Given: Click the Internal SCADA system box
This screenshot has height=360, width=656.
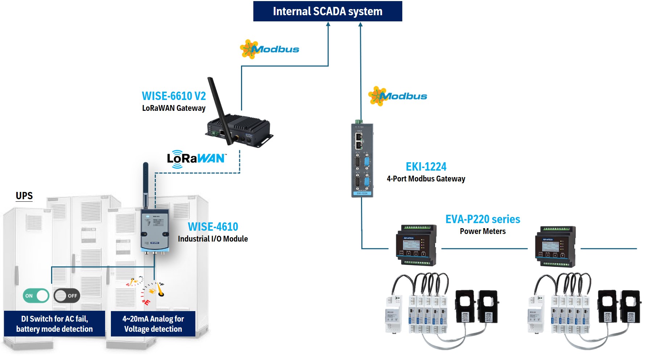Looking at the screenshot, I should tap(327, 11).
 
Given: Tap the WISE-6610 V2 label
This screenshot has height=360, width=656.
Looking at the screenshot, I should tap(174, 96).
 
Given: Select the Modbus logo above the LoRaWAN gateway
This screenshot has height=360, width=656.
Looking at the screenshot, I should tap(270, 49).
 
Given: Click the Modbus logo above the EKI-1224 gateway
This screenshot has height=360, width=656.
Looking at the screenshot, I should tap(398, 96).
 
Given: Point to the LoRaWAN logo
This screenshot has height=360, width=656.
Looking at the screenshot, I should tap(196, 159).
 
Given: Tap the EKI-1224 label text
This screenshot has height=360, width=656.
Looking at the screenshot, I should tap(426, 167).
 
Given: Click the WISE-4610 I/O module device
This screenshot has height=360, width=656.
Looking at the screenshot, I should tap(155, 230).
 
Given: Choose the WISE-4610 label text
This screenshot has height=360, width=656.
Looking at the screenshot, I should tap(213, 227).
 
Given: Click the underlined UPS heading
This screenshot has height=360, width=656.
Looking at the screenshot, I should tap(24, 196).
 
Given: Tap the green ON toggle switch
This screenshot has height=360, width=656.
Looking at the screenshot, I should tap(36, 296).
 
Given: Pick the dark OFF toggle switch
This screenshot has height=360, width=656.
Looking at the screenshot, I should tap(67, 296).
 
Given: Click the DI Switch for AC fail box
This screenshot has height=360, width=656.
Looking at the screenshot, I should tap(54, 324).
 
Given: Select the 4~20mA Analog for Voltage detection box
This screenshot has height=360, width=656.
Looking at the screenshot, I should tap(153, 324).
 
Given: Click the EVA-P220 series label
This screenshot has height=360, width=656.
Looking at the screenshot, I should tap(482, 219).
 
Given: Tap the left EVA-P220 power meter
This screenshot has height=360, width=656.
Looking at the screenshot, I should tap(416, 246).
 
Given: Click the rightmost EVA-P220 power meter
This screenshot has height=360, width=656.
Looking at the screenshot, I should tap(555, 246).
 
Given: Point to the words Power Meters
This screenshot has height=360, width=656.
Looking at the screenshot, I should tap(482, 231).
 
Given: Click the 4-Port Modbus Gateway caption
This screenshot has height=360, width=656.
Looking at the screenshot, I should tap(426, 179).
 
